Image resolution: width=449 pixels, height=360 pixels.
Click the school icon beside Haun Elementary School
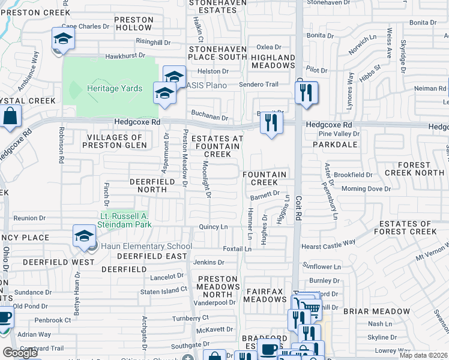point(85,236)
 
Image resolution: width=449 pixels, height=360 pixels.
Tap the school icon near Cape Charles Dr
point(62,40)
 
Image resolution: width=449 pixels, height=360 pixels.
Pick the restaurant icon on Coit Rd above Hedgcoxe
point(306,92)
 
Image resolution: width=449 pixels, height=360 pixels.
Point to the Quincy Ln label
point(213,227)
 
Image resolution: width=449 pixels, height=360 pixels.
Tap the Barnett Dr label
point(265,194)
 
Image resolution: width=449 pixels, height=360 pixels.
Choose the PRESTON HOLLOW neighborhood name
point(134,24)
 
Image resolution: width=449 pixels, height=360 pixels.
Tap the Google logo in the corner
point(20,353)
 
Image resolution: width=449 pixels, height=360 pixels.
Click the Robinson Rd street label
point(61,145)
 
